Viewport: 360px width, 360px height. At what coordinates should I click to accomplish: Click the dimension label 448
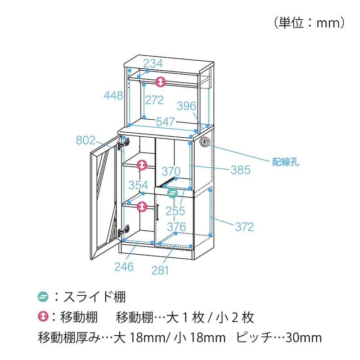(113, 95)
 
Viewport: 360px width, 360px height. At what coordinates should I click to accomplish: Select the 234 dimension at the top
(153, 63)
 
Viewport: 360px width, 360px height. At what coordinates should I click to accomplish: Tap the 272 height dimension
(154, 100)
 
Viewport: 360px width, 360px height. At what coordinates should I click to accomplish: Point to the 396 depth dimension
(186, 106)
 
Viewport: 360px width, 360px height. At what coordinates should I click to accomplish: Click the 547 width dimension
(165, 121)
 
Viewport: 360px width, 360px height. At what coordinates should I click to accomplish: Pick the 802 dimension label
(85, 140)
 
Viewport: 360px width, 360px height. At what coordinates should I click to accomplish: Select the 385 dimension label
(240, 170)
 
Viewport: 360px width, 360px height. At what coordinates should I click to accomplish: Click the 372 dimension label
(244, 227)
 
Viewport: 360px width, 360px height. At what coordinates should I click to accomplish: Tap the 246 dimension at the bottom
(124, 267)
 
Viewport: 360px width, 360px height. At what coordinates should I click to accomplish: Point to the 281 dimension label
(160, 270)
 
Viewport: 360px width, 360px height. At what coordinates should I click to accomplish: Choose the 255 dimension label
(175, 211)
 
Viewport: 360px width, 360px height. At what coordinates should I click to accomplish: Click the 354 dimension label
(138, 185)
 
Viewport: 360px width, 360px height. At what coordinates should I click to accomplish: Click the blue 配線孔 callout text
(285, 162)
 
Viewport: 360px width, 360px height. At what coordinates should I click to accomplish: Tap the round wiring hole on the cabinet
(205, 141)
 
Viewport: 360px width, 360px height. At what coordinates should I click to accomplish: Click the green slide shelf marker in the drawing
(172, 193)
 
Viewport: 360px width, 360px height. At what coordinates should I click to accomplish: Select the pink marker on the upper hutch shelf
(161, 82)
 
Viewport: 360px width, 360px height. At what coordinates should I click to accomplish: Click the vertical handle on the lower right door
(157, 212)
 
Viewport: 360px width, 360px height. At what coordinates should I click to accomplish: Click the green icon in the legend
(43, 297)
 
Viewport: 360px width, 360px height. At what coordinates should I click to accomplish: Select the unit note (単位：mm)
(309, 23)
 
